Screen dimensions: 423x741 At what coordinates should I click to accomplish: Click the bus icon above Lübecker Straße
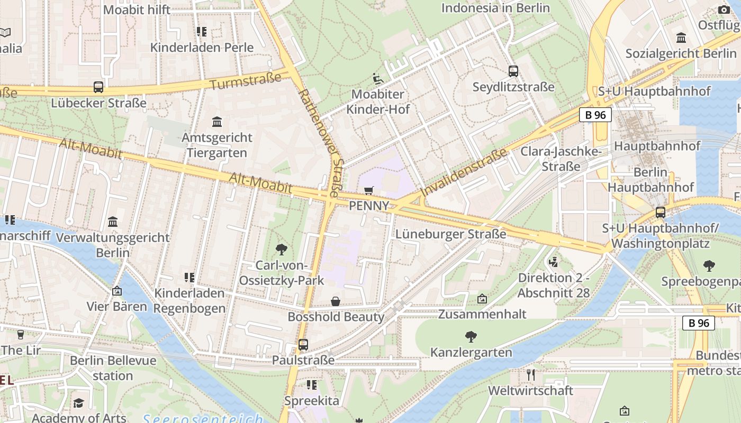point(98,87)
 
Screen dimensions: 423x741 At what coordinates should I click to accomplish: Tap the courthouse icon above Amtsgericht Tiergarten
point(217,122)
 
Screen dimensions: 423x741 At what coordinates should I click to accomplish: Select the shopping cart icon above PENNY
point(369,190)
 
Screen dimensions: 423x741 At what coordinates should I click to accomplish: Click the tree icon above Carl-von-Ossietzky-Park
point(282,249)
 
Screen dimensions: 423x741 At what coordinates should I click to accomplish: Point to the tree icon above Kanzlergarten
point(471,336)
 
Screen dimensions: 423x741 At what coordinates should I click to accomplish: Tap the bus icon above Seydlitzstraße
point(513,71)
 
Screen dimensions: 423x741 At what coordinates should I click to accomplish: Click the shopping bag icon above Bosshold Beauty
point(336,301)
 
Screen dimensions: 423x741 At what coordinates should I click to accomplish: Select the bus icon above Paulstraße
point(303,345)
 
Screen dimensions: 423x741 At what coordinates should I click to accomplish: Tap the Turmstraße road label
point(245,81)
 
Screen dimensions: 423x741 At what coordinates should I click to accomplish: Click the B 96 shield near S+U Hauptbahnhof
point(595,115)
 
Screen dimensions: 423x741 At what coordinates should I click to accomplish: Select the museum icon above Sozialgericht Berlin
point(681,38)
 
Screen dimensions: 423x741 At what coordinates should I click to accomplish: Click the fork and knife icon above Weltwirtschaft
point(531,375)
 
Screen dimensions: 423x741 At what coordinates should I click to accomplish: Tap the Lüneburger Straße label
point(450,234)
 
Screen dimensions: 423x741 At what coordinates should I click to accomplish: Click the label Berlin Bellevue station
point(113,368)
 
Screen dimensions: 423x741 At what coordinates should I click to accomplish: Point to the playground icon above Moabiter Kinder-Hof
point(377,79)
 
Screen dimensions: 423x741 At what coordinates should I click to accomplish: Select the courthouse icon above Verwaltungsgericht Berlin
point(113,222)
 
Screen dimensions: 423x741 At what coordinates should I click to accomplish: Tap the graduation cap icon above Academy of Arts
point(79,403)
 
